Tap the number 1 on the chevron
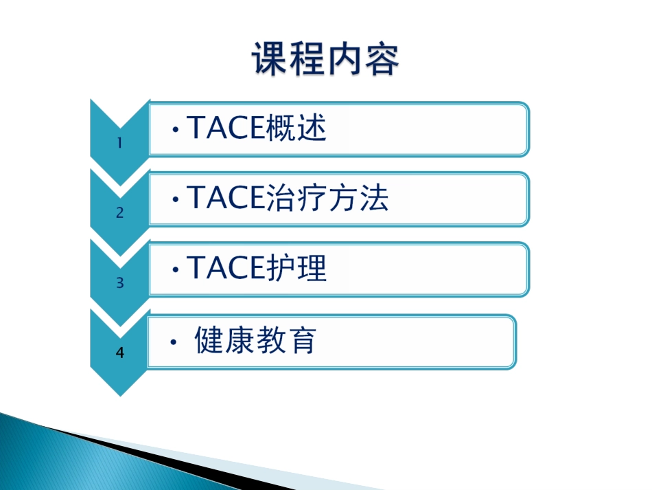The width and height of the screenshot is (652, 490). click(x=119, y=144)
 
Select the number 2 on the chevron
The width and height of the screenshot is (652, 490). click(x=119, y=213)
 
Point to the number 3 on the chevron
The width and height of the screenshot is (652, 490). click(x=119, y=282)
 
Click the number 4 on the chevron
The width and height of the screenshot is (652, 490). click(x=119, y=353)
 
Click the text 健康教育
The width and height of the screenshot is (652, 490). click(x=255, y=340)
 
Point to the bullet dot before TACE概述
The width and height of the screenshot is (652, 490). click(x=176, y=130)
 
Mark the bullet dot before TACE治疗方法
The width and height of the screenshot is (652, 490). click(x=176, y=200)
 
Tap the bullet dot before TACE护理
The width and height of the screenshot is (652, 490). click(x=176, y=270)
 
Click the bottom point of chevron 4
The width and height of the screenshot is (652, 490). click(x=119, y=394)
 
